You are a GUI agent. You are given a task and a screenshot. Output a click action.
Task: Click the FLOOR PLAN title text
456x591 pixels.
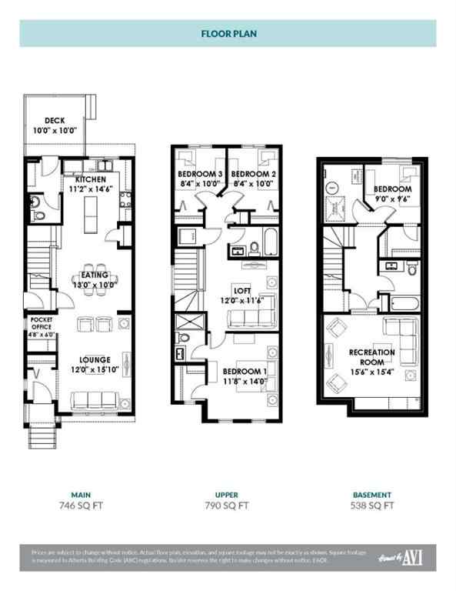pos(228,34)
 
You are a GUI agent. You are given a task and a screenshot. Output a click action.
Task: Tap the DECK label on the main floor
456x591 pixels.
pos(54,120)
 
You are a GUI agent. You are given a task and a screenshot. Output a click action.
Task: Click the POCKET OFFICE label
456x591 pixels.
pos(40,322)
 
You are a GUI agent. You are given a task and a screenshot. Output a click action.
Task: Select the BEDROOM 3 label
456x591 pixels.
pos(200,175)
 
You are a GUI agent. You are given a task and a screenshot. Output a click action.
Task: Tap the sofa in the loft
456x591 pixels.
pos(248,319)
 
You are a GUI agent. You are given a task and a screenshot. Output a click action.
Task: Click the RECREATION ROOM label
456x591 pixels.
pos(372,357)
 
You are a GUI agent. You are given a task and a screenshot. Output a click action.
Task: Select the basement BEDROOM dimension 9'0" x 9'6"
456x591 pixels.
pos(392,199)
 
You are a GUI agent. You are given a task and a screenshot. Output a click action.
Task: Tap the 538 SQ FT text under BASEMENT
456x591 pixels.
pos(372,506)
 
